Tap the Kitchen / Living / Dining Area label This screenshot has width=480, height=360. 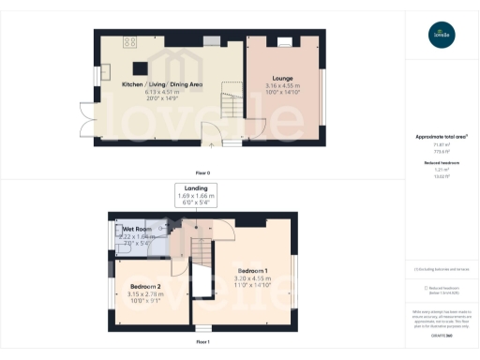click(x=162, y=84)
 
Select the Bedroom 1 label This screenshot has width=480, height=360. click(x=253, y=271)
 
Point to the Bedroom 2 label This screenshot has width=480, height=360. click(x=145, y=286)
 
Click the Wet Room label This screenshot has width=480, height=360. click(x=137, y=229)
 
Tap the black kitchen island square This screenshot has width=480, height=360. click(x=141, y=67)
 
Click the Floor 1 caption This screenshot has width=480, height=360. click(x=202, y=343)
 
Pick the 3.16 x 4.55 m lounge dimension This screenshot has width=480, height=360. click(x=282, y=85)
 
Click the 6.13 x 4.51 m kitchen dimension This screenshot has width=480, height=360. click(x=162, y=92)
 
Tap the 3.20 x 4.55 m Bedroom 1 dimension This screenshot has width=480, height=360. click(x=253, y=278)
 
